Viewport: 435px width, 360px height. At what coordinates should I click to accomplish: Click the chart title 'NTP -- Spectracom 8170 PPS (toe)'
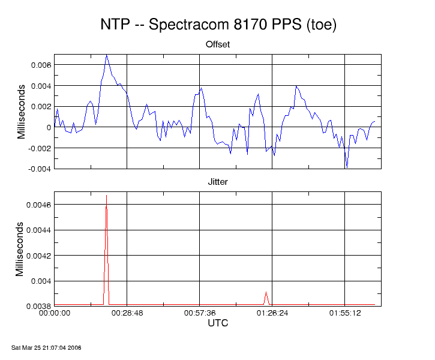pos(218,25)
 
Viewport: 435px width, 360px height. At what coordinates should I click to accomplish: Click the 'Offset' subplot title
pos(218,44)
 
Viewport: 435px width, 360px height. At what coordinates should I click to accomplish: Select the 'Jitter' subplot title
pos(218,181)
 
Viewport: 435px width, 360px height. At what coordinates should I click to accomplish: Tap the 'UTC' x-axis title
pos(218,323)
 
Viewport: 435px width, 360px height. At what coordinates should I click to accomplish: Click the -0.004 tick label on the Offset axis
pos(38,169)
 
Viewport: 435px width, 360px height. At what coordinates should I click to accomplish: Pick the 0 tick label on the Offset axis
pos(49,127)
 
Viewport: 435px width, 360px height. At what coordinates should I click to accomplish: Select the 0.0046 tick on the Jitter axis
pos(38,205)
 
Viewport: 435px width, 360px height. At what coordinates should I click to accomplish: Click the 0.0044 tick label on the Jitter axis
pos(38,230)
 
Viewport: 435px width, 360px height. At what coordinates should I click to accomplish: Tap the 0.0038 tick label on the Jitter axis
pos(38,306)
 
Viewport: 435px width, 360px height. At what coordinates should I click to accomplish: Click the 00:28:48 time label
pos(127,313)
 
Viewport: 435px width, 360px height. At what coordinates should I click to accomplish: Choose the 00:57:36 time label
pos(199,313)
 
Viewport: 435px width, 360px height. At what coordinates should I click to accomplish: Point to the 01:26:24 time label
pos(272,313)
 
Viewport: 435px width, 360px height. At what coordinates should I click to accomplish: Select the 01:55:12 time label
pos(344,313)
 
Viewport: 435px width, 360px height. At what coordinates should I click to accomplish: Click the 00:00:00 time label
pos(55,313)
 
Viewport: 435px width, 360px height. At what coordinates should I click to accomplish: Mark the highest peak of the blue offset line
pos(106,55)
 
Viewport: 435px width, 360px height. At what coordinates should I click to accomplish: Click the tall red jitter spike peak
pos(106,196)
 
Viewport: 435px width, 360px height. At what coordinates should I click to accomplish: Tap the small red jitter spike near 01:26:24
pos(266,292)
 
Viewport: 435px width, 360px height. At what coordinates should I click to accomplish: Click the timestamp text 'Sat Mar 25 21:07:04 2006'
pos(46,347)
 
